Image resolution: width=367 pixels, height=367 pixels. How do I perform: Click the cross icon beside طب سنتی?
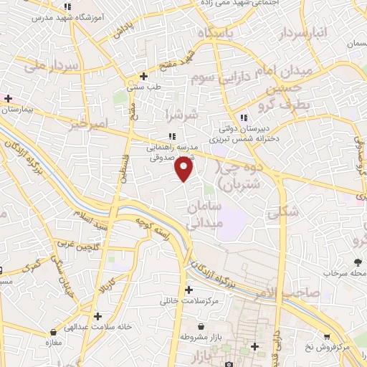(x=144, y=75)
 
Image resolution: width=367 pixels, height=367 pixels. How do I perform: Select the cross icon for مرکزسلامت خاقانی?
(x=189, y=290)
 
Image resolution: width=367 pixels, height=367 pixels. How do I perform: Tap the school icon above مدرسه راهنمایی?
(x=171, y=135)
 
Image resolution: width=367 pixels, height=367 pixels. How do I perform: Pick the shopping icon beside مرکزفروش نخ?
(x=326, y=336)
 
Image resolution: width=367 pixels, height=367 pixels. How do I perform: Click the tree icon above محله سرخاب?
(x=356, y=262)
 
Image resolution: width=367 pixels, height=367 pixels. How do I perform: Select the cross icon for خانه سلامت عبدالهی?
(x=97, y=316)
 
